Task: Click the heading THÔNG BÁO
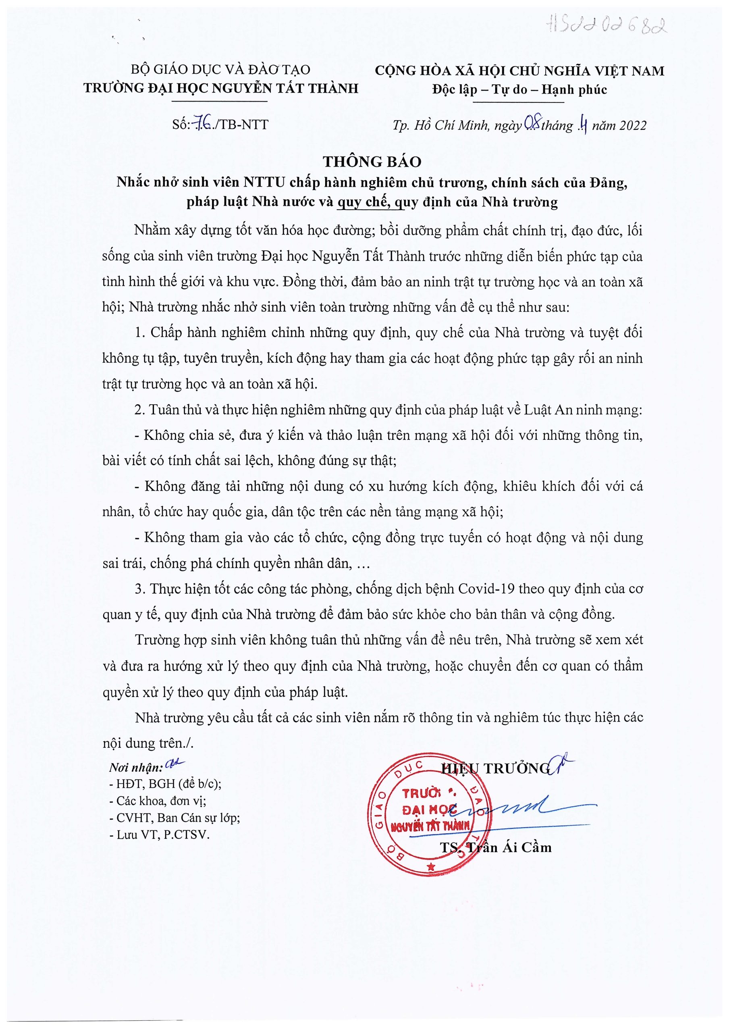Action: [x=372, y=161]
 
